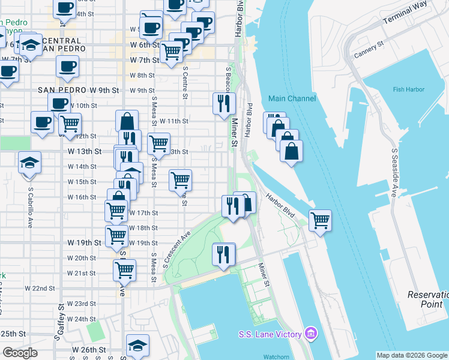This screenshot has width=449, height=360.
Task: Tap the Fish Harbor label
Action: click(408, 90)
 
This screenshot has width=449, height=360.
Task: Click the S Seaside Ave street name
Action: click(395, 173)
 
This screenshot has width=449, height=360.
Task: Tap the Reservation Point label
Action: click(427, 299)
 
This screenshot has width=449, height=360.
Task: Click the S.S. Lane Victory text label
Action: click(272, 333)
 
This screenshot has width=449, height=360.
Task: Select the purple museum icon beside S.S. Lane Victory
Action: click(311, 332)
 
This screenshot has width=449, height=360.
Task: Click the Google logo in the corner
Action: click(19, 353)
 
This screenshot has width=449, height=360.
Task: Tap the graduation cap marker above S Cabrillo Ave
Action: click(29, 163)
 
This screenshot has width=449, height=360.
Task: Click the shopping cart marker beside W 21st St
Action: click(124, 269)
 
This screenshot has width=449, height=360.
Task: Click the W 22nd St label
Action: click(40, 289)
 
